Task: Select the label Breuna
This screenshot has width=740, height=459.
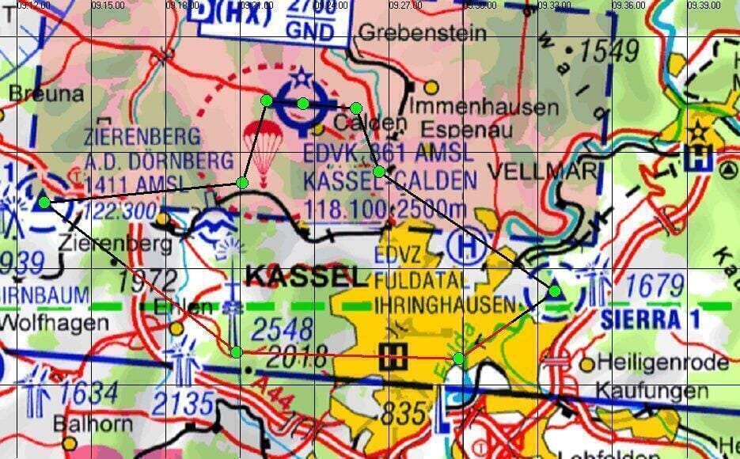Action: (x=46, y=94)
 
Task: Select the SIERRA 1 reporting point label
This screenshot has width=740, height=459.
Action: (x=640, y=320)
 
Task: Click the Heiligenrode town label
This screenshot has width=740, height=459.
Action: (x=663, y=362)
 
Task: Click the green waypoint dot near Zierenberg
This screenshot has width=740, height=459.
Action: (x=44, y=202)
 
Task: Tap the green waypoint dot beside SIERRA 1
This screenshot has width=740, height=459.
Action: (x=555, y=291)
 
